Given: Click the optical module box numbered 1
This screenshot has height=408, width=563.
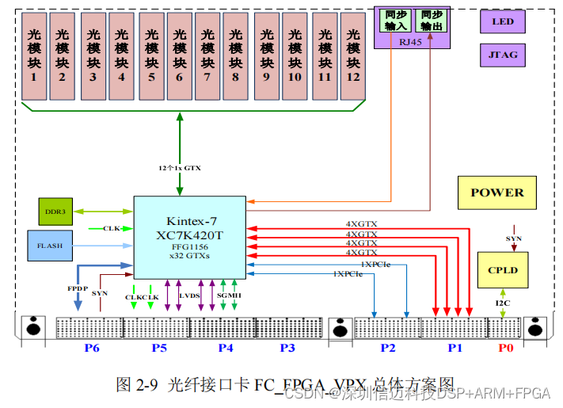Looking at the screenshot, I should pyautogui.click(x=34, y=55).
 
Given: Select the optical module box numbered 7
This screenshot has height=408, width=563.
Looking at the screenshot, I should pyautogui.click(x=207, y=55).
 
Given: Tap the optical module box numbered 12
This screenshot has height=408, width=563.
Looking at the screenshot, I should pyautogui.click(x=352, y=55).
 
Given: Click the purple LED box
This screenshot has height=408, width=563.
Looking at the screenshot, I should pyautogui.click(x=502, y=21).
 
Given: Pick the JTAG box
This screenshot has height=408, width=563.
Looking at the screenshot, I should pyautogui.click(x=502, y=55).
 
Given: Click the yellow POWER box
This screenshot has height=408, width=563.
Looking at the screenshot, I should pyautogui.click(x=496, y=193).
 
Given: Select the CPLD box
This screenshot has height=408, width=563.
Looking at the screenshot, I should pyautogui.click(x=502, y=270).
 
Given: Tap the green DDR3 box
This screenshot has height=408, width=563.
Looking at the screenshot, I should pyautogui.click(x=55, y=212).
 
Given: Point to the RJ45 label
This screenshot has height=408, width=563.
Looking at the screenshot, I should pyautogui.click(x=411, y=43).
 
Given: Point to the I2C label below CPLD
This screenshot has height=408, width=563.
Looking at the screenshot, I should pyautogui.click(x=502, y=303).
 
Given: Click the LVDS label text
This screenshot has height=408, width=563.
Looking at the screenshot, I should pyautogui.click(x=190, y=296).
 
